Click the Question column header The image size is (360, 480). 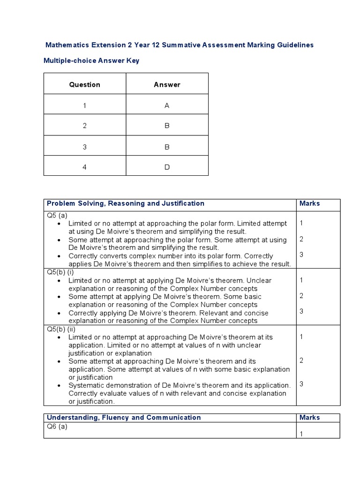(x=85, y=85)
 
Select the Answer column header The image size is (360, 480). (x=167, y=85)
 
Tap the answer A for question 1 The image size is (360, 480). (x=167, y=105)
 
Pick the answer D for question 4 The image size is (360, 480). (x=167, y=167)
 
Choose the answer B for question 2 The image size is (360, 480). (x=167, y=126)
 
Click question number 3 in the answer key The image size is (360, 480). (x=85, y=147)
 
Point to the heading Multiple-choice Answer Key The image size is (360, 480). (x=91, y=61)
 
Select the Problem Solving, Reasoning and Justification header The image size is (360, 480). (x=125, y=203)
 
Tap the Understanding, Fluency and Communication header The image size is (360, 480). (x=124, y=418)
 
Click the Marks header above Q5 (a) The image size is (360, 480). (x=310, y=203)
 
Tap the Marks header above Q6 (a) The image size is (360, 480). (x=310, y=418)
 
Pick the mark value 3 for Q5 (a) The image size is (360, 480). (x=301, y=255)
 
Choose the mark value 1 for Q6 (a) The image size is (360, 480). (x=301, y=434)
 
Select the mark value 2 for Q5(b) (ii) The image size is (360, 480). (x=301, y=360)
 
